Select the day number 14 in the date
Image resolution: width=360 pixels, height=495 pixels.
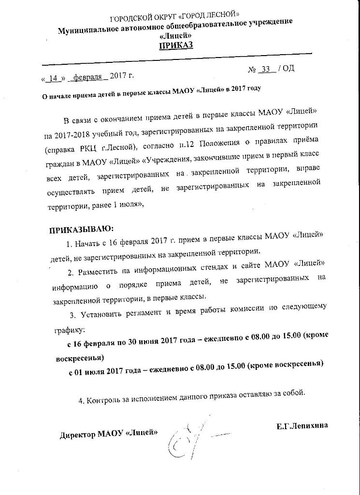(x=54, y=77)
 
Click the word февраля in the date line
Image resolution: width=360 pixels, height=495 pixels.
(x=87, y=76)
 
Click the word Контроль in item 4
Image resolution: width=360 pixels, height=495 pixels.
(x=104, y=400)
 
